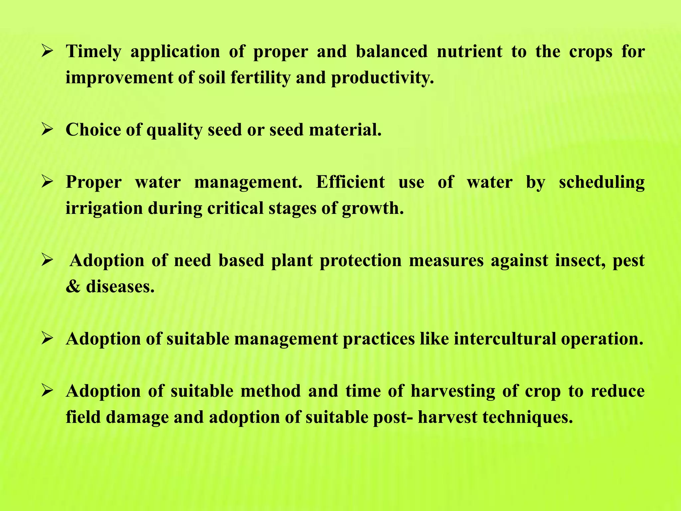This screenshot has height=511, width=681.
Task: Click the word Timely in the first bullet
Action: [x=93, y=52]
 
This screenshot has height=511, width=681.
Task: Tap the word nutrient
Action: [x=469, y=52]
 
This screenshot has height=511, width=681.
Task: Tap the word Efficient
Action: [x=350, y=182]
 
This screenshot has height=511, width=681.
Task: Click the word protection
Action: [x=360, y=260]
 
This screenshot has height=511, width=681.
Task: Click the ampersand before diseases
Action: [x=73, y=286]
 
